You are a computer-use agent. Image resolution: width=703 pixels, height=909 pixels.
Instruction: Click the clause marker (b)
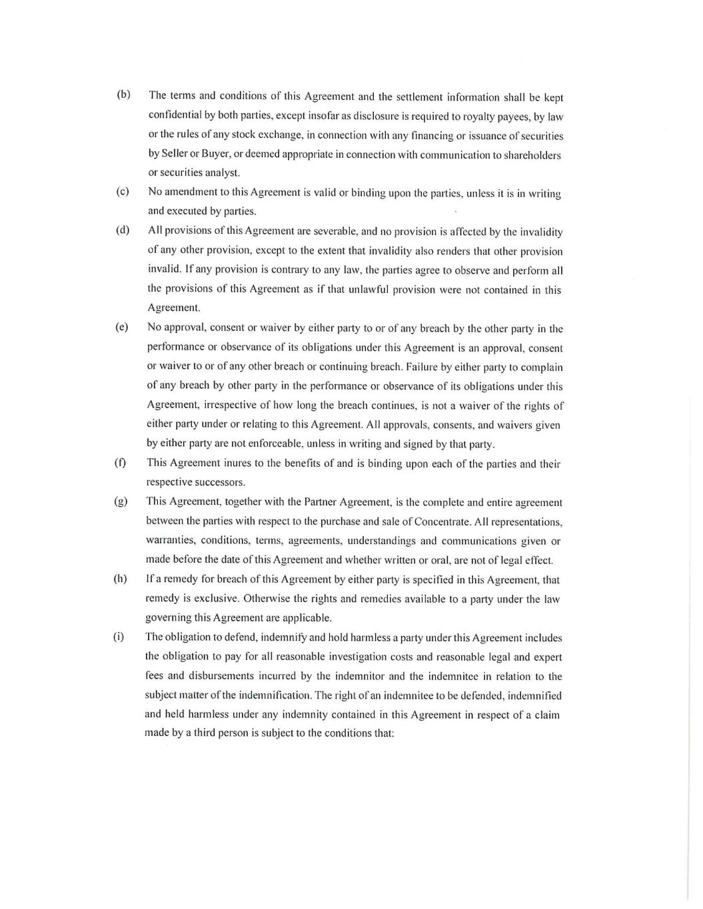coord(123,95)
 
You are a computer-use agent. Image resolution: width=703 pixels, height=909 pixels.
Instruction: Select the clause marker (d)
coord(123,230)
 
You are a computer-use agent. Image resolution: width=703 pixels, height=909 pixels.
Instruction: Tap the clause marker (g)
coord(121,501)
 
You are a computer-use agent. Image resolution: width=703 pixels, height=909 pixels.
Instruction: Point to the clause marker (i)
coord(119,637)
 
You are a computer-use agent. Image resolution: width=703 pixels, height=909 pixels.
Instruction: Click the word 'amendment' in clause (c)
coord(197,192)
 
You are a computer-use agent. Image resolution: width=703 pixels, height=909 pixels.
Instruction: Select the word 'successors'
coord(216,482)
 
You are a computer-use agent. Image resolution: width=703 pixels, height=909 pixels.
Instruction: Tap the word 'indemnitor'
coord(356,676)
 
